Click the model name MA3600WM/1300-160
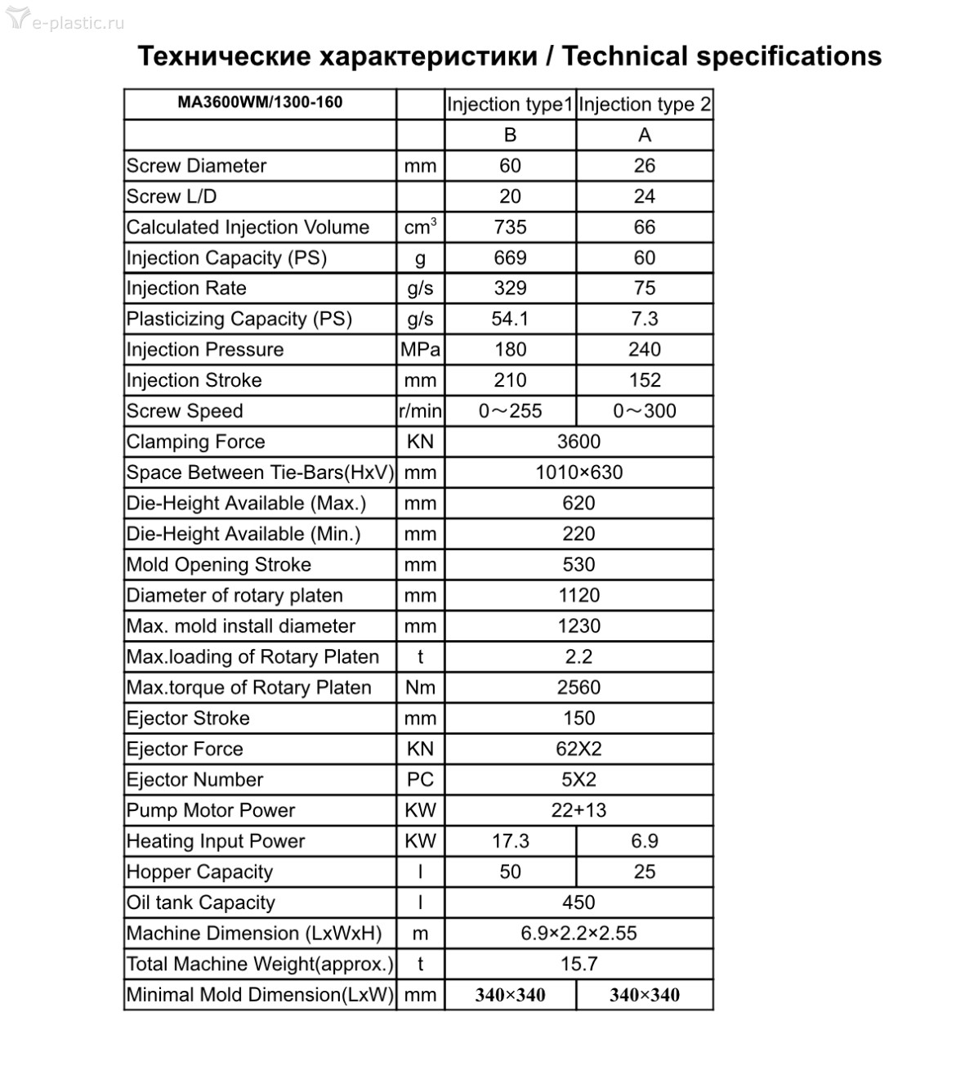[x=260, y=103]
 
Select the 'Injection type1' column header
[x=510, y=105]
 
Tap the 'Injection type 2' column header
[x=645, y=105]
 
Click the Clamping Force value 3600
[x=579, y=442]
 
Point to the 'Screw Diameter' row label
[x=196, y=166]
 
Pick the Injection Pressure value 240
[x=645, y=350]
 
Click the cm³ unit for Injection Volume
[x=420, y=227]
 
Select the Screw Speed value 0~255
[x=510, y=411]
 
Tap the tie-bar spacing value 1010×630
[x=579, y=473]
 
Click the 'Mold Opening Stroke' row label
[x=218, y=565]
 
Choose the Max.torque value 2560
[x=579, y=688]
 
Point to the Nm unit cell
[x=420, y=688]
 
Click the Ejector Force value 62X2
[x=579, y=749]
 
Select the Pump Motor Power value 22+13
[x=579, y=811]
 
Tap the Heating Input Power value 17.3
[x=510, y=841]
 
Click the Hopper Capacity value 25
[x=645, y=872]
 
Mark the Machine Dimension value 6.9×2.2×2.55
[x=579, y=934]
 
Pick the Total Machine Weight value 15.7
[x=579, y=965]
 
